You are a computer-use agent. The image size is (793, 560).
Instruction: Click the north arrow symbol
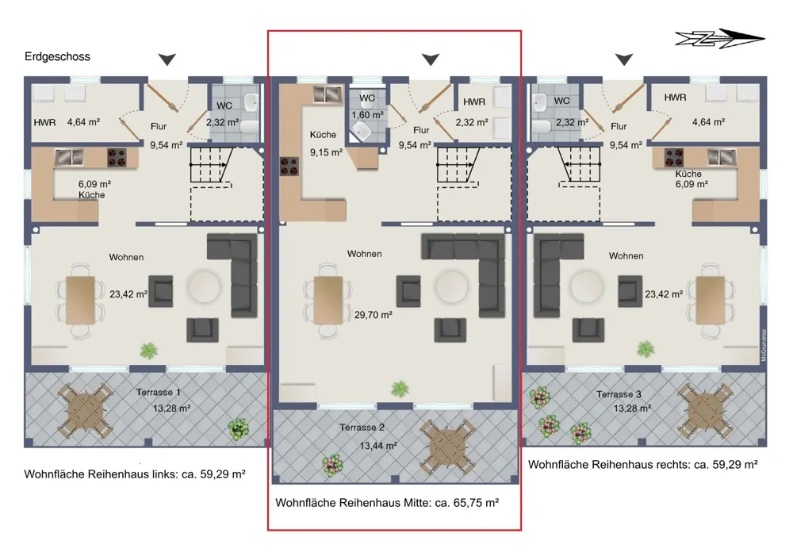[720, 38]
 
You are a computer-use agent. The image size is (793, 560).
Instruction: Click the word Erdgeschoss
[57, 56]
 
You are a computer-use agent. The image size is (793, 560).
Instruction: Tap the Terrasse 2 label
[362, 428]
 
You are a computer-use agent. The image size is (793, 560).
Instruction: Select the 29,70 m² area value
[374, 315]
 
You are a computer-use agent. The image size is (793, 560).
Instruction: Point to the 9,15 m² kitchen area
[326, 152]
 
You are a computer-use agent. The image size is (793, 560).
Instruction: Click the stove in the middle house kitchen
[289, 167]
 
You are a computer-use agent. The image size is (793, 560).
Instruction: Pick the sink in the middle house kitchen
[327, 94]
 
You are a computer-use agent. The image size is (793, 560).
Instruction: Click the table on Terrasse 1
[86, 410]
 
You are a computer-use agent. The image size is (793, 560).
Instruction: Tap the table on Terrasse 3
[705, 410]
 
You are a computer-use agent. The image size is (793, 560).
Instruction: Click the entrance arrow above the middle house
[431, 59]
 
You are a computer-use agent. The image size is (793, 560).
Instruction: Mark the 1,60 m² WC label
[367, 115]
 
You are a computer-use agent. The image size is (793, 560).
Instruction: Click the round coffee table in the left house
[205, 286]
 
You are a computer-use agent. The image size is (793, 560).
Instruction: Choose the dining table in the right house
[711, 300]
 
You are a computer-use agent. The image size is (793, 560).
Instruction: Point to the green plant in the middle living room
[400, 389]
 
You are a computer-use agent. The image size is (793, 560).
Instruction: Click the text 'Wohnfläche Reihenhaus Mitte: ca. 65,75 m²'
[387, 503]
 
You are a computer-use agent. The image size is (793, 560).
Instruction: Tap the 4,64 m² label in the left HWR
[83, 122]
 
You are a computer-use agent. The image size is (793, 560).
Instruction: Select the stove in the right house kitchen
[673, 157]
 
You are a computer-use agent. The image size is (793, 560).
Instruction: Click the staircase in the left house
[211, 165]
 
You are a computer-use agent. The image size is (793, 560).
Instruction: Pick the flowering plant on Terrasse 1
[238, 429]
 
